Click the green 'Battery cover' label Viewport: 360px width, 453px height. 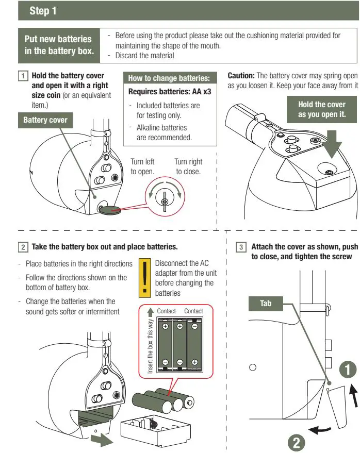pyautogui.click(x=45, y=121)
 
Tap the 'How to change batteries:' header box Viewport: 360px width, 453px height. pyautogui.click(x=169, y=78)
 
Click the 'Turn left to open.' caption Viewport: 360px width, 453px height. pyautogui.click(x=142, y=166)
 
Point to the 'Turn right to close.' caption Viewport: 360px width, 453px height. pyautogui.click(x=188, y=166)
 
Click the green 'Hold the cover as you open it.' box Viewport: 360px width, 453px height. pyautogui.click(x=322, y=109)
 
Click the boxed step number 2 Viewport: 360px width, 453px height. pyautogui.click(x=24, y=246)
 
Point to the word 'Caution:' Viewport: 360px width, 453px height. pyautogui.click(x=241, y=75)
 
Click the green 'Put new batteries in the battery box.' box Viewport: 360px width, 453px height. pyautogui.click(x=58, y=45)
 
